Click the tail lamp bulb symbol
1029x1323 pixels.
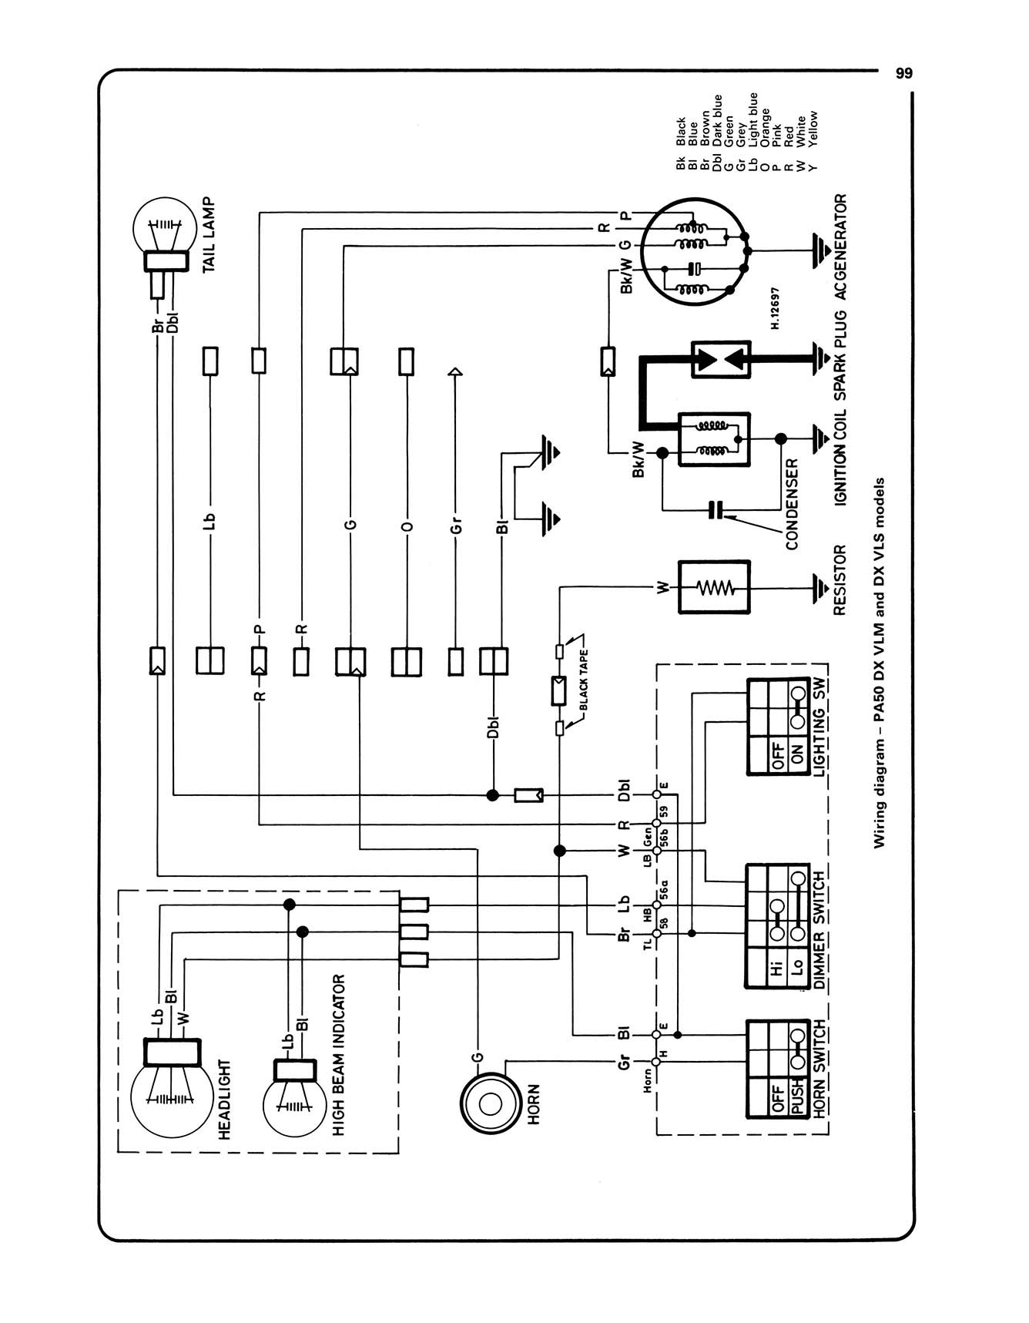click(163, 231)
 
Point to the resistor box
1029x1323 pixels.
click(714, 588)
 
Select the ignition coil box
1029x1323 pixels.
click(714, 439)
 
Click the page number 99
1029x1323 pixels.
click(904, 73)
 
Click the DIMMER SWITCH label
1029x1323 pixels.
click(820, 928)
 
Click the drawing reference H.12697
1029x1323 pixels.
click(775, 309)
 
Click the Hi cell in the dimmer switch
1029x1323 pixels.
click(776, 967)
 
